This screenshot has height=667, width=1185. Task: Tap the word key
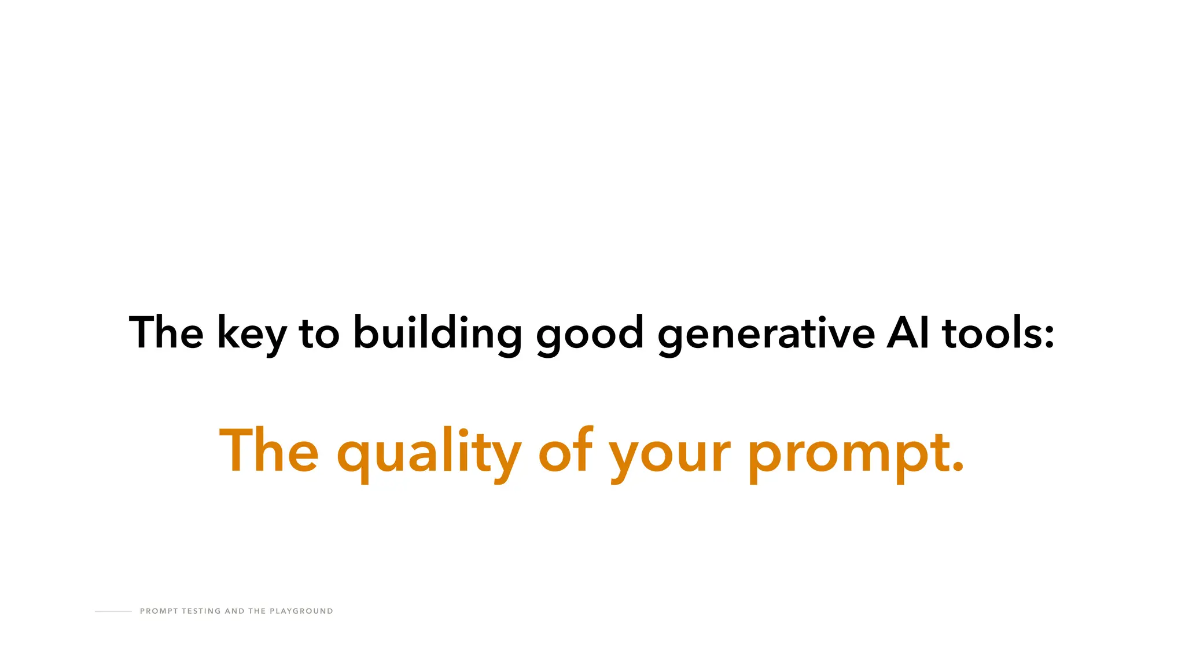click(x=251, y=334)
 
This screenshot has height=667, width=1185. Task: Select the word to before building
click(x=319, y=334)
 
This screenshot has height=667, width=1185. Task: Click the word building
click(x=437, y=334)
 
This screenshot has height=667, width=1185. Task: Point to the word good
click(x=590, y=334)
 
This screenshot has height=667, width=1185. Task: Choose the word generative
click(x=766, y=334)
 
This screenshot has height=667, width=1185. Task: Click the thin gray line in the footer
click(x=113, y=611)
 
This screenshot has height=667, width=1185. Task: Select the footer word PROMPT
click(x=159, y=611)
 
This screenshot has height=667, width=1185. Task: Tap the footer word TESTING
click(x=201, y=611)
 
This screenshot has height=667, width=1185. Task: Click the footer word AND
click(x=234, y=611)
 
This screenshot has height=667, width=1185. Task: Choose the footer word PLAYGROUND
click(x=301, y=611)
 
